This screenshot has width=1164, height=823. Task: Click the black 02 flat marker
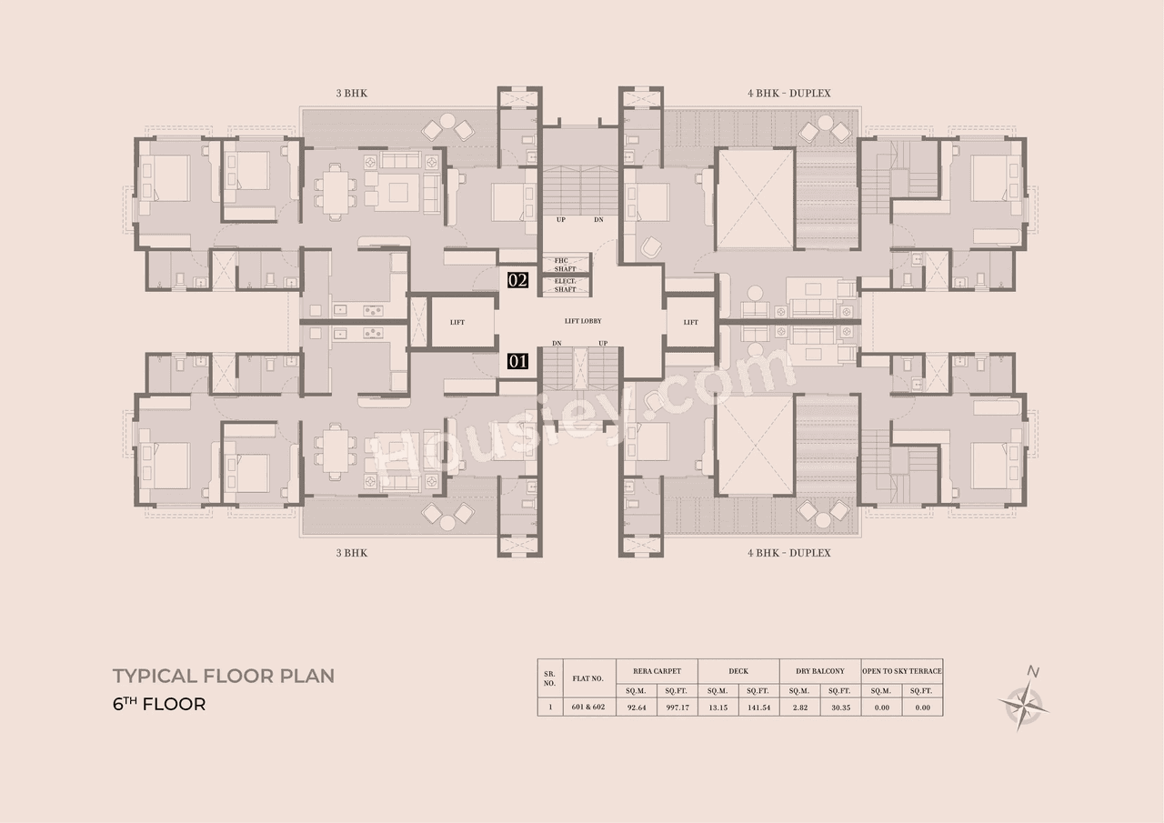[x=517, y=280]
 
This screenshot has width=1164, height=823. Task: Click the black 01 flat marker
[x=517, y=361]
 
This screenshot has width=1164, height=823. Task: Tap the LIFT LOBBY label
[x=582, y=321]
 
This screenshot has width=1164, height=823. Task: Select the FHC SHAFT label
[x=566, y=264]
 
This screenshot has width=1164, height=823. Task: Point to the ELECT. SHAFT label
[x=566, y=286]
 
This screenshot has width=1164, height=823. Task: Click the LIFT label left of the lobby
[x=457, y=322]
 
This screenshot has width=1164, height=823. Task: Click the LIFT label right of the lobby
[x=691, y=322]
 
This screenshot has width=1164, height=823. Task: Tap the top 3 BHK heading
[x=351, y=94]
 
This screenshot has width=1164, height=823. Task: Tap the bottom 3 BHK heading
[x=351, y=553]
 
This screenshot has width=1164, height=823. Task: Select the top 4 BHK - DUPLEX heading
[x=788, y=94]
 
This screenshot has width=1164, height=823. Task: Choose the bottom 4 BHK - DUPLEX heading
[x=788, y=553]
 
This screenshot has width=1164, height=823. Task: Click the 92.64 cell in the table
[x=637, y=707]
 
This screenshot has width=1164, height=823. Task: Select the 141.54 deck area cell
[x=758, y=707]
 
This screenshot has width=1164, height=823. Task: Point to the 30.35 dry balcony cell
[x=839, y=707]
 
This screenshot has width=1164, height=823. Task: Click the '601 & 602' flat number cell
[x=588, y=707]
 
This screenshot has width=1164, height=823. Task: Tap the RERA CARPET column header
[x=657, y=671]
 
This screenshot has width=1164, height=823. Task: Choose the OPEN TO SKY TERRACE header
[x=901, y=671]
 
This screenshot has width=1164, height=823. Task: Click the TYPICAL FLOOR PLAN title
[x=224, y=676]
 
